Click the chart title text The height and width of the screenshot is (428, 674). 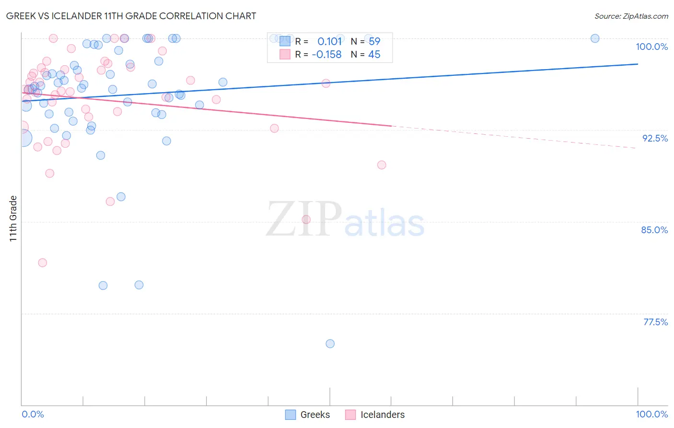[131, 16]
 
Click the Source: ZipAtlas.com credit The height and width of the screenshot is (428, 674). [631, 16]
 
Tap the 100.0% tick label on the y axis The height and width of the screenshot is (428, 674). [651, 47]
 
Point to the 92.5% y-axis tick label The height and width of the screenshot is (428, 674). [655, 138]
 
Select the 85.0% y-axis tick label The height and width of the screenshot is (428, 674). [654, 230]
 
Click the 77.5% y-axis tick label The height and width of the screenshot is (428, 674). [655, 322]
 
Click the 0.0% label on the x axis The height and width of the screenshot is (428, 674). [33, 414]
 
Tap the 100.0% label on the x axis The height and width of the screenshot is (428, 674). [651, 414]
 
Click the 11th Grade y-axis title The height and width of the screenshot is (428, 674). [13, 218]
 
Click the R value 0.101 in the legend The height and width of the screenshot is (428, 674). [329, 42]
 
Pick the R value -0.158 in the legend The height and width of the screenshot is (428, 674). [326, 55]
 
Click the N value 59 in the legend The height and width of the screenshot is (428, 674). [374, 42]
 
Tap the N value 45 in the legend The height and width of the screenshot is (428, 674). [374, 55]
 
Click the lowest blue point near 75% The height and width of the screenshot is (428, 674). [330, 344]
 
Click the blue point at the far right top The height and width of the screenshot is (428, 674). [595, 38]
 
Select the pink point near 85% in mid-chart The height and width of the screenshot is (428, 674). [306, 220]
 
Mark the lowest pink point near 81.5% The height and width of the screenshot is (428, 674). [42, 262]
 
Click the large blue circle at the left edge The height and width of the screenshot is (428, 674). [23, 138]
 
